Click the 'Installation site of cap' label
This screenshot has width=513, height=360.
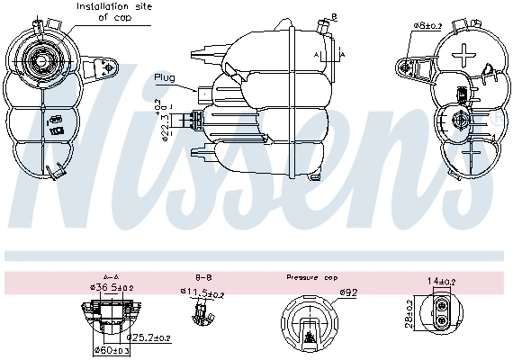[114, 11]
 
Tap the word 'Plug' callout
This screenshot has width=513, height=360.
[165, 77]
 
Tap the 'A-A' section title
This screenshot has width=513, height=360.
[112, 278]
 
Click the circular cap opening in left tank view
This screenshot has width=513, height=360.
[41, 60]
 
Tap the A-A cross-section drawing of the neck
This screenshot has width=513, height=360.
[114, 319]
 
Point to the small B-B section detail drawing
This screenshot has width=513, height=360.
[201, 314]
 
